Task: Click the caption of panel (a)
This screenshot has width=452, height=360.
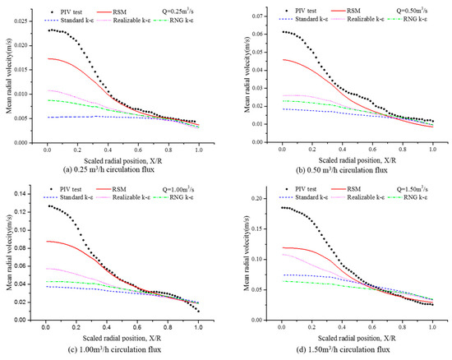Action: click(115, 171)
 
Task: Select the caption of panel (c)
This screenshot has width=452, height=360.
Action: click(115, 352)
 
